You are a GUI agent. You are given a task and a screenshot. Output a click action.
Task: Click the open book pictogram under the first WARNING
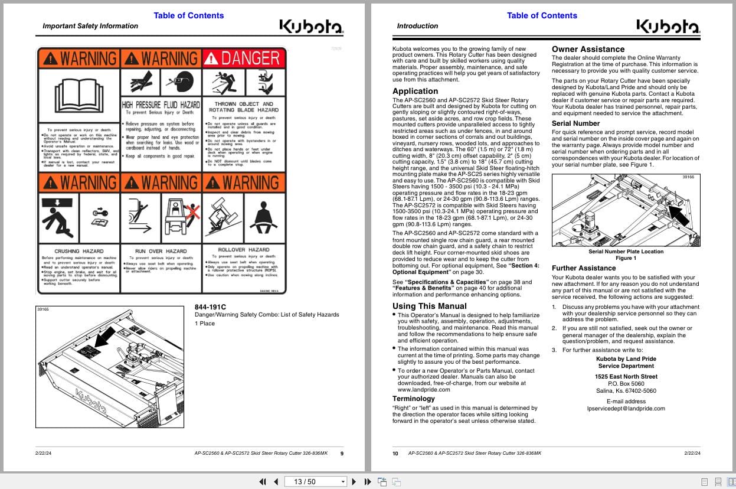[78, 94]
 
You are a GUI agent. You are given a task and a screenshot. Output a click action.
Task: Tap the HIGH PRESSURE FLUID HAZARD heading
[161, 105]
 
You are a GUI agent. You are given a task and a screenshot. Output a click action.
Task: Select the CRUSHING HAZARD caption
[79, 251]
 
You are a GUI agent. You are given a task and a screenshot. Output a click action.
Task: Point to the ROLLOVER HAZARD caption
[243, 250]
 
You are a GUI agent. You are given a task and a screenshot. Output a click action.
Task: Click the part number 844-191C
[210, 307]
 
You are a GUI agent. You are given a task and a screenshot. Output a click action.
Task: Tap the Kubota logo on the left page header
[310, 27]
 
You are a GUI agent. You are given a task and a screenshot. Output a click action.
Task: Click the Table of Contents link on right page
[542, 15]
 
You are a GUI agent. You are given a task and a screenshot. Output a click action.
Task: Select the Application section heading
[415, 91]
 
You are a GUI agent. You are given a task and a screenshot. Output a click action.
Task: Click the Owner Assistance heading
[588, 49]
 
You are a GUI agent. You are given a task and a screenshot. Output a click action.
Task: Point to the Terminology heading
[413, 399]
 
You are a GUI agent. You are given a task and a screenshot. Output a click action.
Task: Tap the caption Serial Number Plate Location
[626, 252]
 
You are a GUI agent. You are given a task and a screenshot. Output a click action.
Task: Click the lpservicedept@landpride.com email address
[626, 408]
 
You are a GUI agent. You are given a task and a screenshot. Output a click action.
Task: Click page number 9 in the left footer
[342, 454]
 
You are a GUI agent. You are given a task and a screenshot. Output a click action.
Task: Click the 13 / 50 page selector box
[316, 481]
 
